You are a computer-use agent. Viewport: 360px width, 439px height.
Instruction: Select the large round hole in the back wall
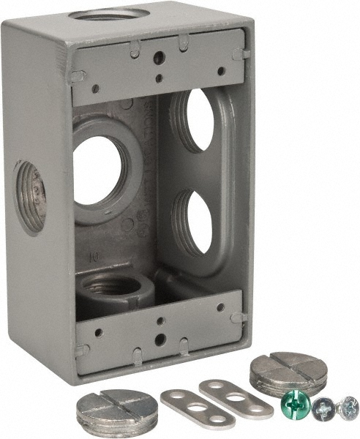(97, 170)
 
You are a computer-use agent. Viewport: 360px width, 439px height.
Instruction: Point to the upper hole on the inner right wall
(199, 120)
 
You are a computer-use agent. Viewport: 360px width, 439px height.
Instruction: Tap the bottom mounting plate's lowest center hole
(159, 338)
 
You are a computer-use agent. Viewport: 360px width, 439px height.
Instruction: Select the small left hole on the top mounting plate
(95, 88)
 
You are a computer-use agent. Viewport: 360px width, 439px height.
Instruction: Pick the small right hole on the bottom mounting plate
(221, 307)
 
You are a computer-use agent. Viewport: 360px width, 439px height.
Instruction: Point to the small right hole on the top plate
(221, 71)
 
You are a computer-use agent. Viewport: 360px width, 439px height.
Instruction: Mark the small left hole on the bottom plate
(97, 331)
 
